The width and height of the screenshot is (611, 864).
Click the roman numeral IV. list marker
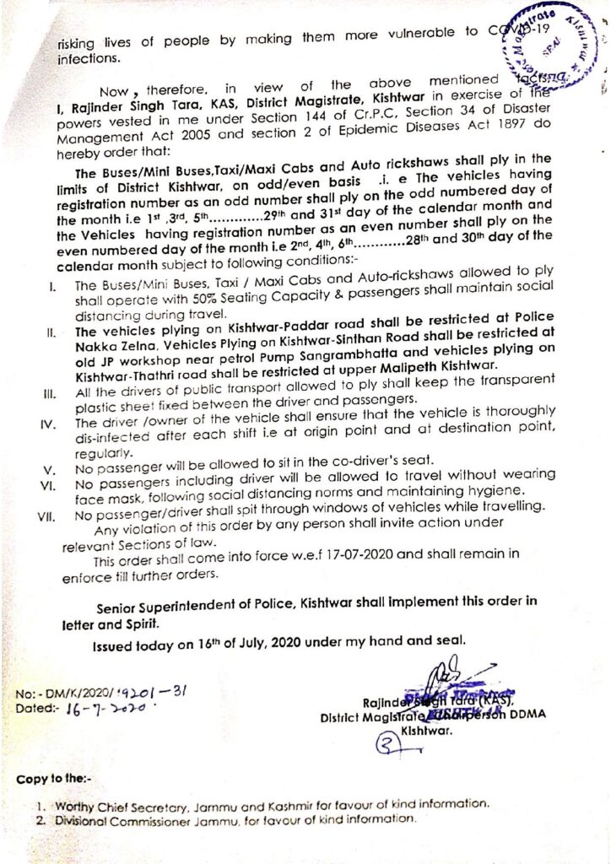tap(47, 423)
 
